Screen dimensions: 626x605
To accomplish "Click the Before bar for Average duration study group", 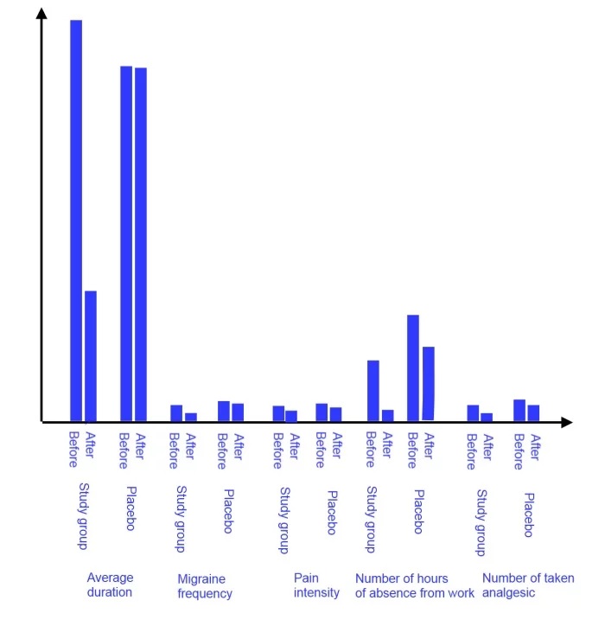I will [76, 220].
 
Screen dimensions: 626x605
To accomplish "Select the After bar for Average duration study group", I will [91, 356].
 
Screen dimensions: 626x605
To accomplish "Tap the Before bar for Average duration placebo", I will [126, 243].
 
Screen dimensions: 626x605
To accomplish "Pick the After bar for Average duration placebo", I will [141, 244].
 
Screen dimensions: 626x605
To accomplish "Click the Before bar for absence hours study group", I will [373, 391].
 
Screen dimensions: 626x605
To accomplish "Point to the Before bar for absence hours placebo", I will [413, 367].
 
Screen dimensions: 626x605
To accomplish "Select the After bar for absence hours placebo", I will [428, 384].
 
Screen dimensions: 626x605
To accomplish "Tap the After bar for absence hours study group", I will [388, 415].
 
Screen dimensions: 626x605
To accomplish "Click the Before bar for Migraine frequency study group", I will [176, 413].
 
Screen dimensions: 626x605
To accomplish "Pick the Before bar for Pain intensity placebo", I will [322, 412].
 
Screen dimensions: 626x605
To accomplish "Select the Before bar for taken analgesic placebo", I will [519, 411].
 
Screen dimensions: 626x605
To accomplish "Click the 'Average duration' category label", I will [110, 585].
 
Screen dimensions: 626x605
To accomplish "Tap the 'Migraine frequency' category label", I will [205, 586].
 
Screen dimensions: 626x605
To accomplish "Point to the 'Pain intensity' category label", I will [316, 585].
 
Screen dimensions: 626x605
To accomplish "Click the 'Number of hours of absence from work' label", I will [415, 585].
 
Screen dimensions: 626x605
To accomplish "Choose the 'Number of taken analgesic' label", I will [527, 585].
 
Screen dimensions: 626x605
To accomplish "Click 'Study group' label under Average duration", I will [83, 515].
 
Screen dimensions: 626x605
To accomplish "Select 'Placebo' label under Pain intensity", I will [332, 513].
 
